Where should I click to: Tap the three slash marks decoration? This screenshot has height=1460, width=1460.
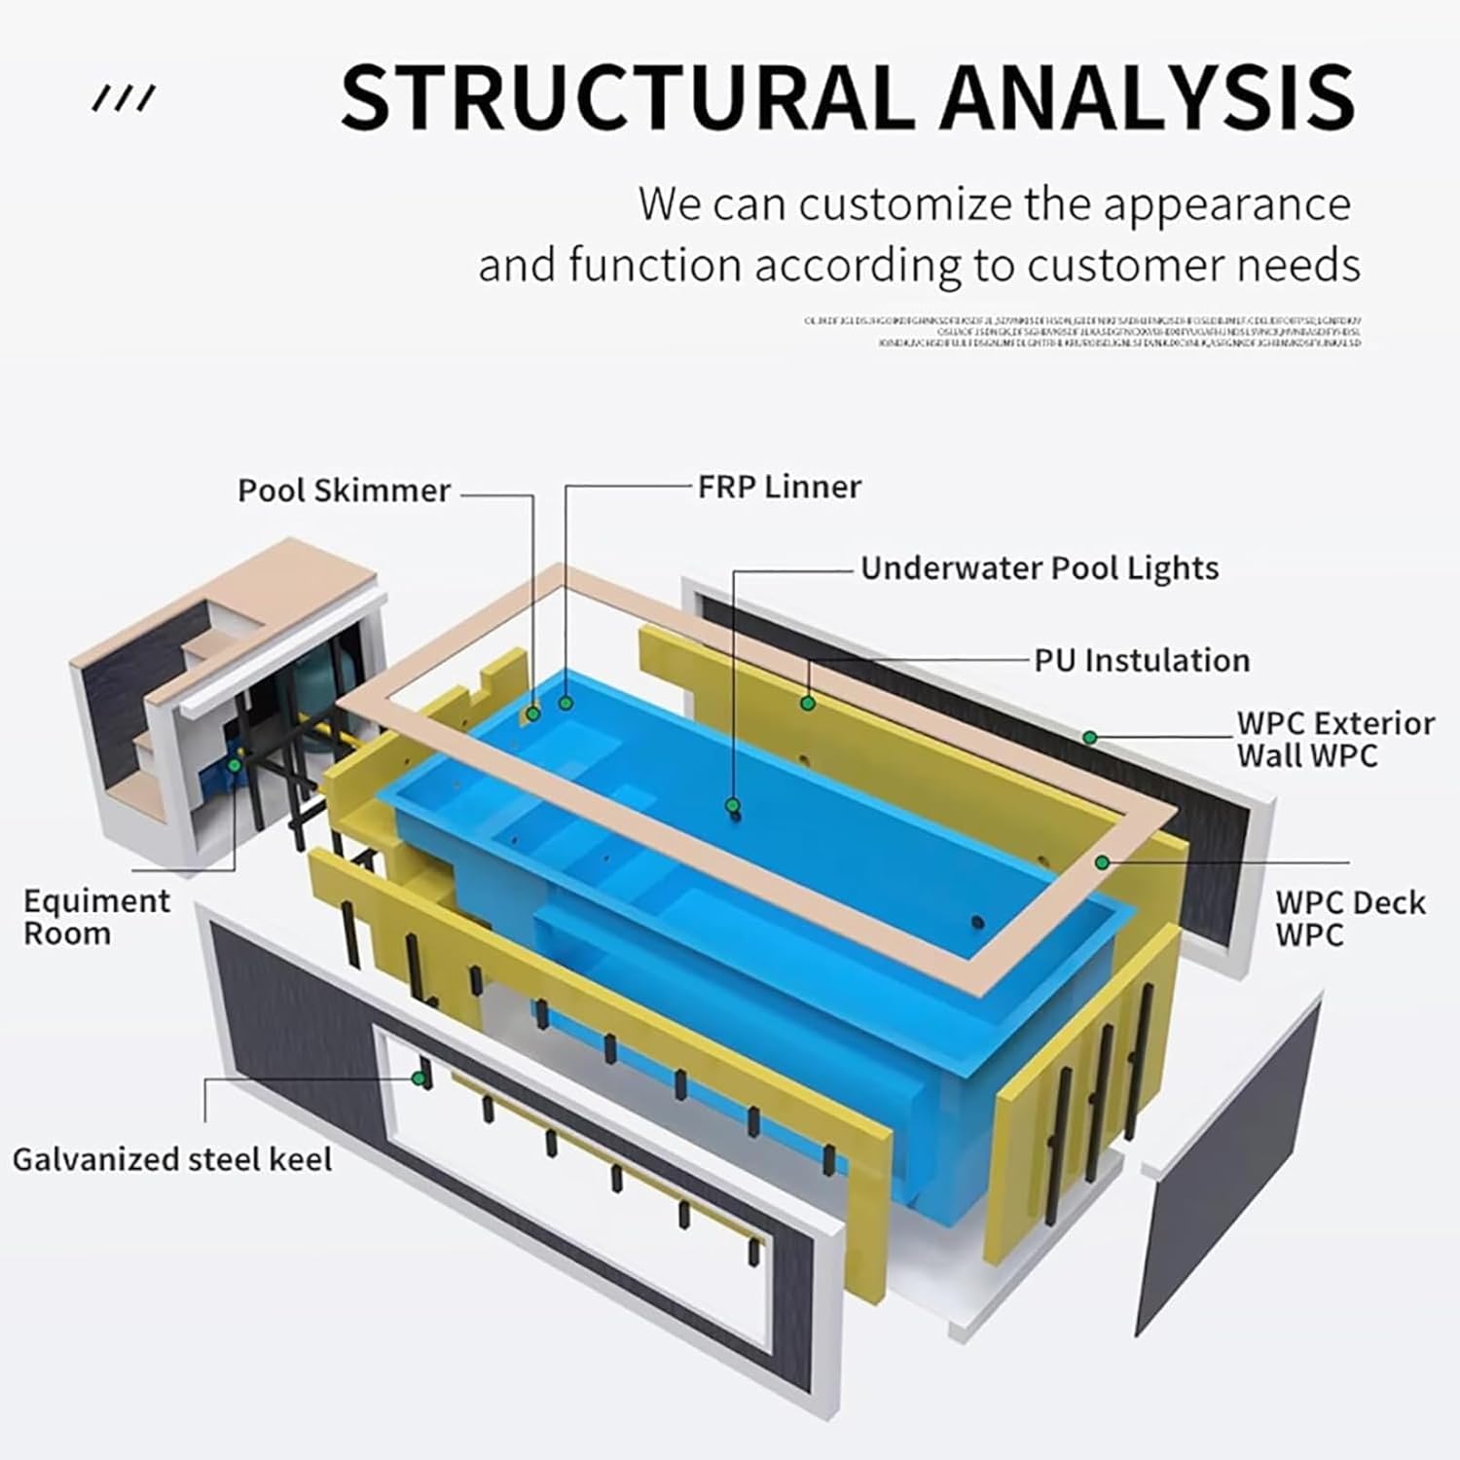click(x=124, y=98)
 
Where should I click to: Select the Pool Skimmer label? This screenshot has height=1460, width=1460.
click(x=344, y=490)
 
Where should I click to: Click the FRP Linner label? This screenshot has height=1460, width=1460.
click(x=779, y=486)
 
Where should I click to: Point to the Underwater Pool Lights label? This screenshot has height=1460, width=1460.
click(x=1039, y=567)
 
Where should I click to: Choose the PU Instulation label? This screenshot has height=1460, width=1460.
click(x=1141, y=660)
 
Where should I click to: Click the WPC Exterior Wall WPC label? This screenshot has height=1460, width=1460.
click(x=1334, y=739)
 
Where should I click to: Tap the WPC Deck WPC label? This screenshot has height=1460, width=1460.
click(x=1350, y=918)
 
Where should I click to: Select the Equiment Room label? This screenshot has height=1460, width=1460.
click(x=96, y=917)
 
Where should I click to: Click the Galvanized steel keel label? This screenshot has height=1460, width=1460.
click(x=171, y=1159)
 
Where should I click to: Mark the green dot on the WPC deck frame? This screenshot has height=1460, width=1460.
click(x=1102, y=862)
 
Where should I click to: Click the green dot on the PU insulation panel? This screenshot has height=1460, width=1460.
click(x=807, y=702)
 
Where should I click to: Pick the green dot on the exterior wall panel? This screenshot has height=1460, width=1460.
click(x=1091, y=738)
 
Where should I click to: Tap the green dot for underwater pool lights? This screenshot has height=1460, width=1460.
click(x=733, y=805)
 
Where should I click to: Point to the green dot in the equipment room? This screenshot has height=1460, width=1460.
click(x=234, y=764)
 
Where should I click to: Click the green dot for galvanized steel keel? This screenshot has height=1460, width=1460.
click(x=420, y=1077)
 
